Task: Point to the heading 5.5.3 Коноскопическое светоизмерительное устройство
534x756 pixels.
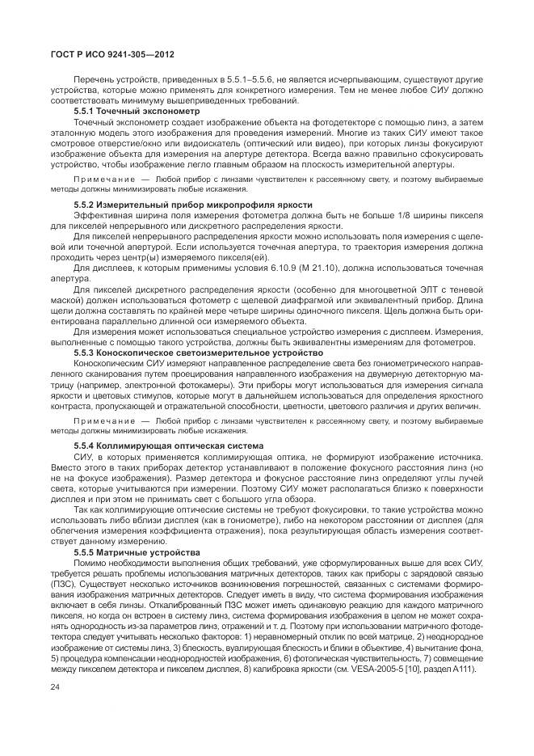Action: coord(197,353)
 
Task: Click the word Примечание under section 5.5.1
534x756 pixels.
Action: coord(103,178)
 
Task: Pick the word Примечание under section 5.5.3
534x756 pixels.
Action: coord(103,420)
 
